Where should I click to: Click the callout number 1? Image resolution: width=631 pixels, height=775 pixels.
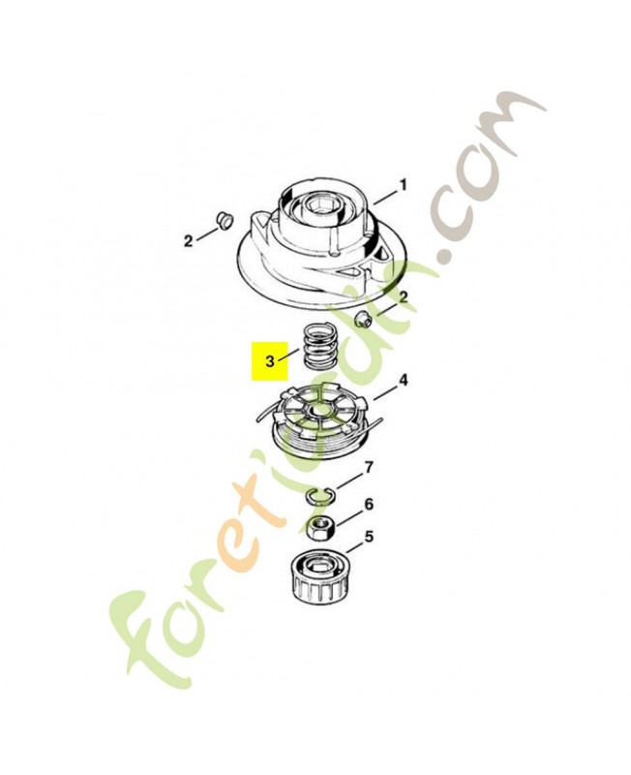pos(404,186)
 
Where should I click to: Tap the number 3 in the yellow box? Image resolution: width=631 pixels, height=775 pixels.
pos(270,361)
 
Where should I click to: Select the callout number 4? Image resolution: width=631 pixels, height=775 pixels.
pos(403,381)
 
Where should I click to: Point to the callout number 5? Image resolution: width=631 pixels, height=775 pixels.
pos(369,537)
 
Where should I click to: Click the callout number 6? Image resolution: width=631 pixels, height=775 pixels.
pos(369,504)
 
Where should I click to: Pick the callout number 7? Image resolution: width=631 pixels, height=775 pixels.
pos(369,467)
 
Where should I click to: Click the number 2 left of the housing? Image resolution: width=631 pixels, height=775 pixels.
pos(188,241)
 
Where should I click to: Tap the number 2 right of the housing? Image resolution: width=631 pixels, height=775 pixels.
pos(404,297)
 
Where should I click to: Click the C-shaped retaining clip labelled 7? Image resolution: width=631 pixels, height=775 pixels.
pos(320,494)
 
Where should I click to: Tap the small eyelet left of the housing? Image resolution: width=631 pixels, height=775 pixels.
pos(224,220)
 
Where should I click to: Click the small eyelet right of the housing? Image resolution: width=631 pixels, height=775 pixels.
pos(363,319)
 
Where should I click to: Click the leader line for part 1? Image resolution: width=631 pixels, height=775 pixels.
pos(385,196)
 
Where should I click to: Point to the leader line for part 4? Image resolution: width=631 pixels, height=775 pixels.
pos(384,391)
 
